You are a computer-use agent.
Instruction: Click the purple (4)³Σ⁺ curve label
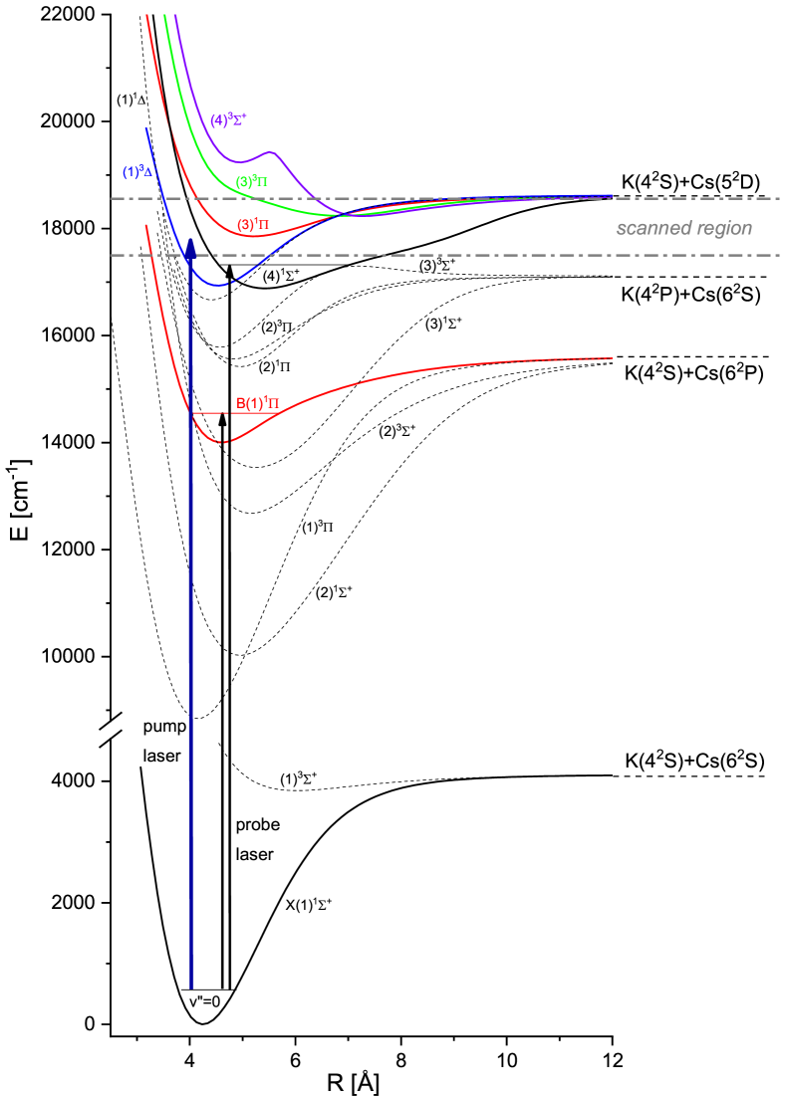pos(228,120)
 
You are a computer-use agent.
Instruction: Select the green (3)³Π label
pos(252,182)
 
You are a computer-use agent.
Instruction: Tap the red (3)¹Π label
pos(253,225)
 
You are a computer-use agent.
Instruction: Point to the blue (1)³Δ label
pos(137,172)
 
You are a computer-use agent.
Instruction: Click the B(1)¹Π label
pos(258,404)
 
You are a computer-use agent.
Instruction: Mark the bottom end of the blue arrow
pos(191,987)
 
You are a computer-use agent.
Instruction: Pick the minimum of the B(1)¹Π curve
pos(222,441)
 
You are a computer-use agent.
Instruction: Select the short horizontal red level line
pos(211,412)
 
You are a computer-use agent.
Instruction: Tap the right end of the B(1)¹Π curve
pos(611,358)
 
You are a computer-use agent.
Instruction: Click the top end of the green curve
pos(164,16)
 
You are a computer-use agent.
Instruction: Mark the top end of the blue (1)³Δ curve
pos(146,128)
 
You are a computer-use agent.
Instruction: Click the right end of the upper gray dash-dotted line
pos(778,198)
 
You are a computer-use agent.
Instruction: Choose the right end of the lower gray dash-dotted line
pos(778,255)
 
